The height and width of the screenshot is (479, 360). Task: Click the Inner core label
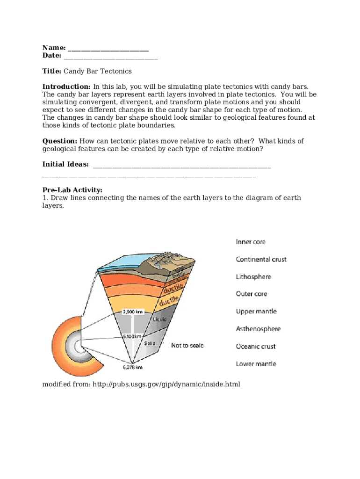[251, 242]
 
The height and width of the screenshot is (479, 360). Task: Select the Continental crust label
[261, 259]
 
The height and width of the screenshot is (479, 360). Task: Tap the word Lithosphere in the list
[253, 276]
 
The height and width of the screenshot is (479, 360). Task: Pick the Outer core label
[251, 294]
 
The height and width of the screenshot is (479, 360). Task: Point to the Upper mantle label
[256, 311]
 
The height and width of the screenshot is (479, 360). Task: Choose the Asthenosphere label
[258, 329]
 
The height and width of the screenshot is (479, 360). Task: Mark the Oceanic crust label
[256, 346]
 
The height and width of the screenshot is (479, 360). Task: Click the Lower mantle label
[256, 363]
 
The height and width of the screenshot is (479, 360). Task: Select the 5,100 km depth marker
[131, 336]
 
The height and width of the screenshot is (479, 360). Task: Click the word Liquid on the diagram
[160, 319]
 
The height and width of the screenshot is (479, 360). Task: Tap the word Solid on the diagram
[150, 343]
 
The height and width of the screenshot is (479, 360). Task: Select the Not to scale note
[187, 345]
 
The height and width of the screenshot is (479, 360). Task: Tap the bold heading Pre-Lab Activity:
[72, 190]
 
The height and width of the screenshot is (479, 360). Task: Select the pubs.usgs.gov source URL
[166, 384]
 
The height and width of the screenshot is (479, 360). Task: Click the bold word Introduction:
[66, 87]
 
